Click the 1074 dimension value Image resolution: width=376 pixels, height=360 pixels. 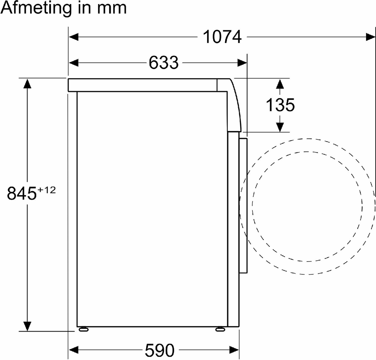tap(222, 37)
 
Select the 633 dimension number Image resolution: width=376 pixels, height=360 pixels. tap(163, 63)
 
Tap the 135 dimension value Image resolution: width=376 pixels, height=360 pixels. tap(280, 105)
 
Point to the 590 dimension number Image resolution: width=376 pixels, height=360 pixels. tap(160, 350)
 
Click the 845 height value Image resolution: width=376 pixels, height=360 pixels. tap(22, 193)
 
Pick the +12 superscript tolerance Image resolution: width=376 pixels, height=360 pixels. tap(46, 190)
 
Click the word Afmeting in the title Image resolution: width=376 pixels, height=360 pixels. tap(36, 8)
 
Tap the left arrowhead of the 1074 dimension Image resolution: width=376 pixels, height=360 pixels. tap(74, 37)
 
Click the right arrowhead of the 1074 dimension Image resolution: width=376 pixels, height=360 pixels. tap(371, 37)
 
